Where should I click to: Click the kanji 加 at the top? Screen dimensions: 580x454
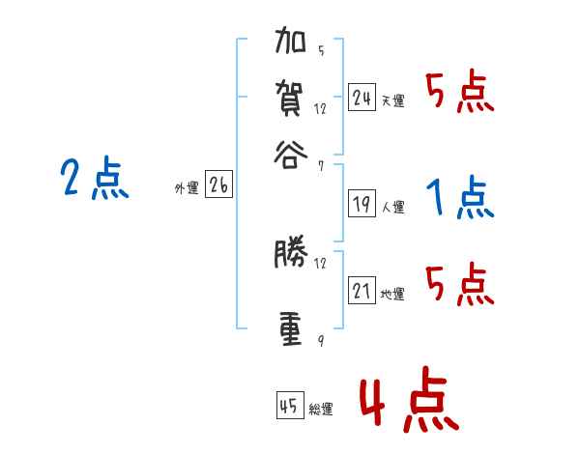tap(291, 43)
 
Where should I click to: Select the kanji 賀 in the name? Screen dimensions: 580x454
tap(291, 99)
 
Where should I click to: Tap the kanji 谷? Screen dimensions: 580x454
tap(291, 153)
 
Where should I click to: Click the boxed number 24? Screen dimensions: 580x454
tap(362, 98)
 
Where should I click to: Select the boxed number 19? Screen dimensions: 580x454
tap(362, 204)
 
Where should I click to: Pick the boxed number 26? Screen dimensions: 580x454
tap(217, 186)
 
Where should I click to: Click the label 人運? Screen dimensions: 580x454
tap(392, 207)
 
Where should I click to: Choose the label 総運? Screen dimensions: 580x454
tap(321, 409)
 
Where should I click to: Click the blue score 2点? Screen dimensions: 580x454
tap(94, 179)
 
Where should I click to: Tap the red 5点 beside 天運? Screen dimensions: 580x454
tap(459, 94)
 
